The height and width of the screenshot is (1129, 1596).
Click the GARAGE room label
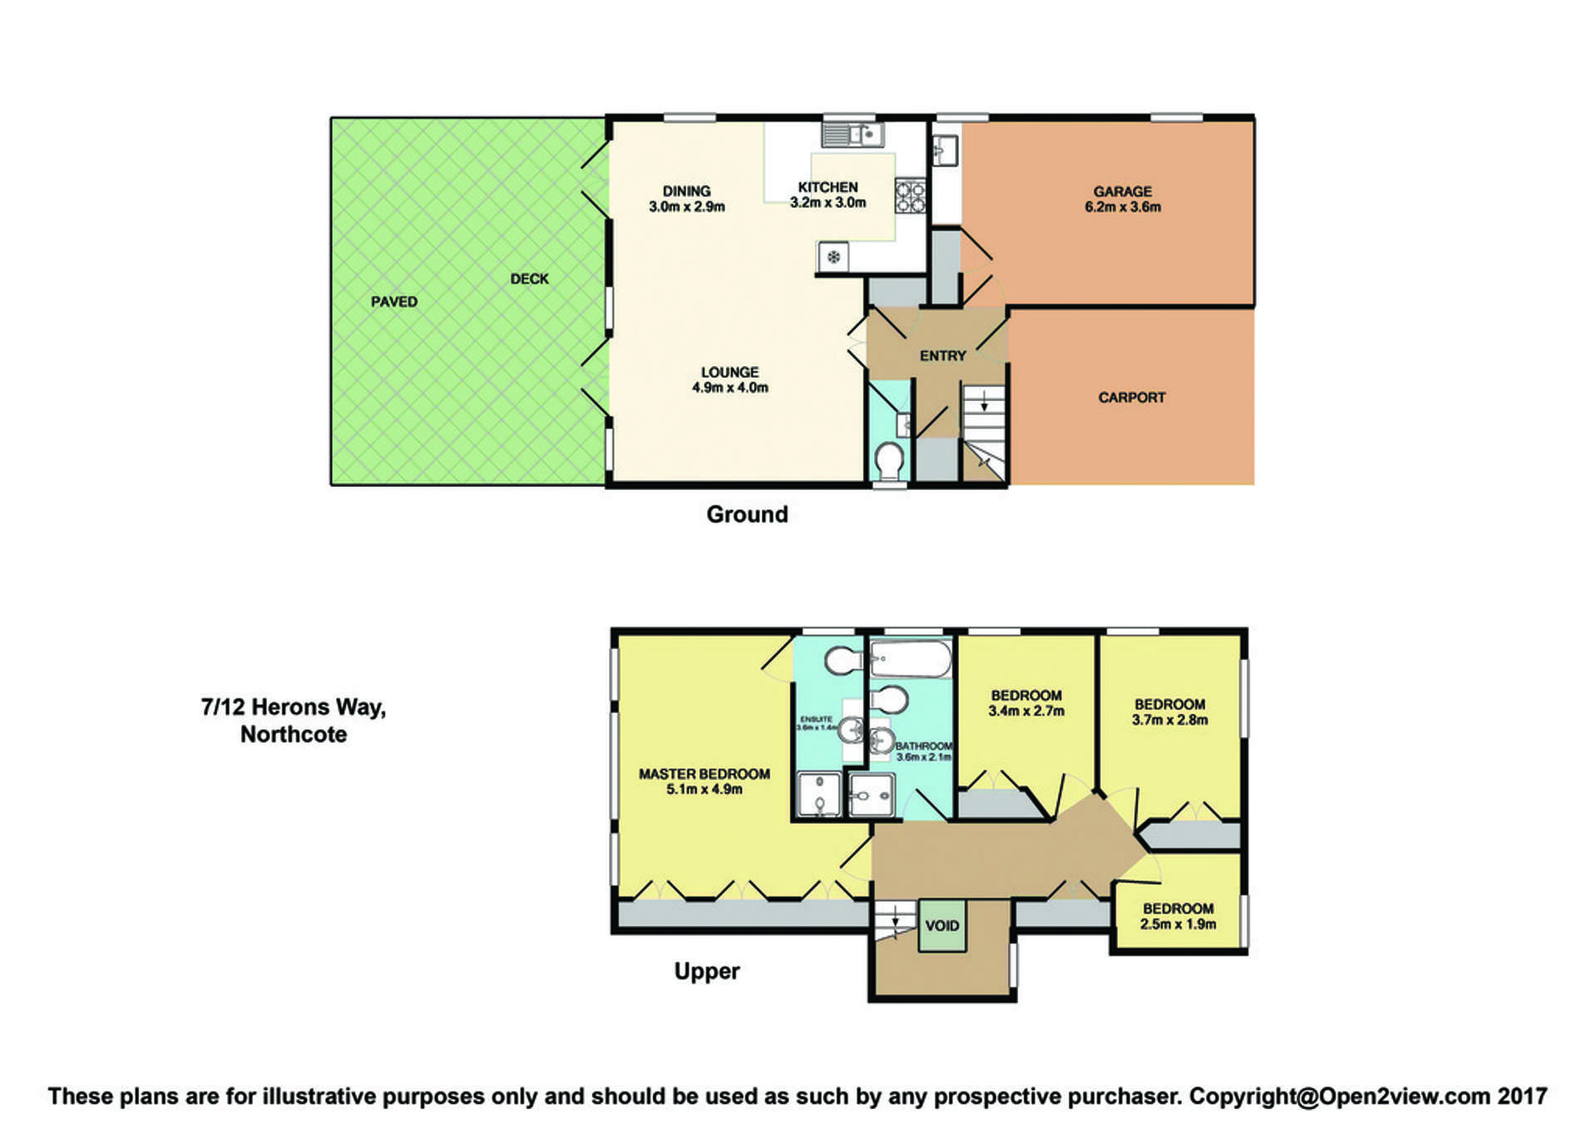tap(1122, 191)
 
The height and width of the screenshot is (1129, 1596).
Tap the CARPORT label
tap(1131, 398)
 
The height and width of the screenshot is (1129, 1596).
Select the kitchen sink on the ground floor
tap(852, 134)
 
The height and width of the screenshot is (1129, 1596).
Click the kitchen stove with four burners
tap(910, 196)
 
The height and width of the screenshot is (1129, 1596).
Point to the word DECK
tap(529, 279)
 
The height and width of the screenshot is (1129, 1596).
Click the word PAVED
tap(394, 302)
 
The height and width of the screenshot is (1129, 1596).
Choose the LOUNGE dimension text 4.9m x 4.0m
tap(730, 388)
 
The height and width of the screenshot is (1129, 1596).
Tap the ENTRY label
tap(942, 356)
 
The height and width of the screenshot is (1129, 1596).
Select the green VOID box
tap(941, 925)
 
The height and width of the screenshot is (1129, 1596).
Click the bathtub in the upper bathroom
tap(910, 660)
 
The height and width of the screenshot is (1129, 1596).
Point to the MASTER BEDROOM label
tap(704, 774)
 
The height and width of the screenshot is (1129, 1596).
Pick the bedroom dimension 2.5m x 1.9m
tap(1178, 924)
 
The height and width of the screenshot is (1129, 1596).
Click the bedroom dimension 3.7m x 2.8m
tap(1169, 720)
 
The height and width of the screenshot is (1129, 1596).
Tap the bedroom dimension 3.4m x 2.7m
tap(1026, 711)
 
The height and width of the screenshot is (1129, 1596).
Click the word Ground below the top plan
tap(747, 514)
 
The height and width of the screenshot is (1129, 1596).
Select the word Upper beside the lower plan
tap(706, 971)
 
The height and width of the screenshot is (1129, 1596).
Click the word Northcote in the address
tap(294, 735)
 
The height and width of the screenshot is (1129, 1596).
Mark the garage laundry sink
tap(946, 151)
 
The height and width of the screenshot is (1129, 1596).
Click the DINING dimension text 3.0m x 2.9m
tap(687, 207)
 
